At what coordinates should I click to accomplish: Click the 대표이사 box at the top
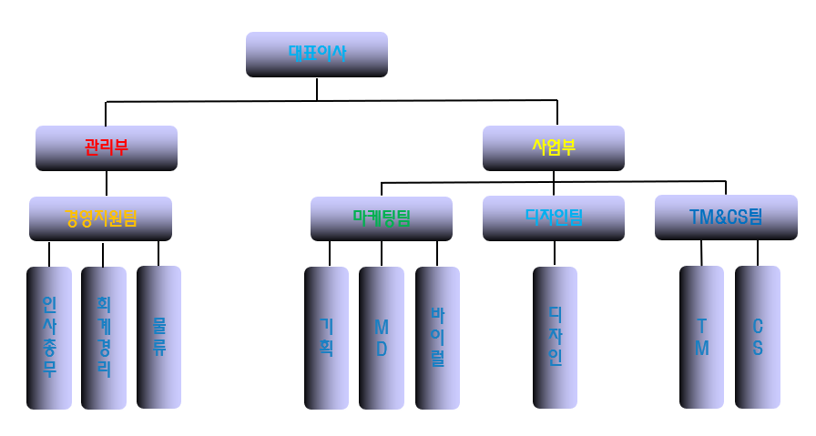click(316, 55)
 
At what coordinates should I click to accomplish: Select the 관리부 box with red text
click(106, 148)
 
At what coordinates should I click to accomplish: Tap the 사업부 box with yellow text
click(553, 148)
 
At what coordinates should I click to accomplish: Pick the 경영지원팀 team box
click(100, 218)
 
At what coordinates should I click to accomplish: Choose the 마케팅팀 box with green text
click(381, 218)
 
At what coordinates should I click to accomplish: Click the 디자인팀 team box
click(553, 218)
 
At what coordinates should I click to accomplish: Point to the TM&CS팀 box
click(726, 218)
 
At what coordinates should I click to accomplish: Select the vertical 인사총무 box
click(49, 338)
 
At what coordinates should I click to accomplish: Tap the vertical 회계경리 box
click(103, 338)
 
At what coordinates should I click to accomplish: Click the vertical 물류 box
click(158, 337)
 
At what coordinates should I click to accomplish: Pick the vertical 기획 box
click(326, 338)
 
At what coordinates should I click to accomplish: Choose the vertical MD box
click(381, 338)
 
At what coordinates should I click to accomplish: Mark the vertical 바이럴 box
click(437, 338)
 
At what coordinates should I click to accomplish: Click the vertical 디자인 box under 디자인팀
click(555, 338)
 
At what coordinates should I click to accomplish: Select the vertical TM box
click(701, 338)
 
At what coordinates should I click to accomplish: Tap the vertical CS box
click(757, 338)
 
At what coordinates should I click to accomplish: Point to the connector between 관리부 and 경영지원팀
click(107, 184)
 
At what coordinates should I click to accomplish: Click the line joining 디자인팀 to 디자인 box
click(555, 254)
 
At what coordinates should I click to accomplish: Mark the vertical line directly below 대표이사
click(317, 88)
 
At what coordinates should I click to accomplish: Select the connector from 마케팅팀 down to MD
click(381, 253)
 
